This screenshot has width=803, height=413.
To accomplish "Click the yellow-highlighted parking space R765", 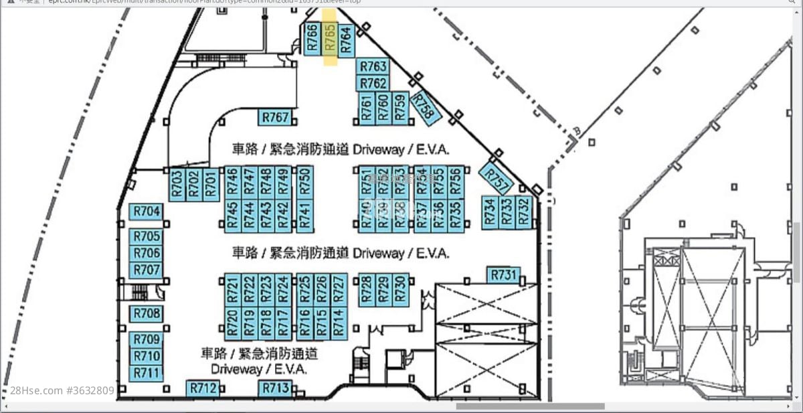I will (x=330, y=39).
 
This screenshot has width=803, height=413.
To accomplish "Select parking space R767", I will (x=275, y=118).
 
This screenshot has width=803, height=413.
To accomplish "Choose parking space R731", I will (x=504, y=274).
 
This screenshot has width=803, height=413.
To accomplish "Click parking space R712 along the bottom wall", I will (x=203, y=388).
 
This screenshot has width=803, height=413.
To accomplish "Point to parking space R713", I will (x=276, y=388).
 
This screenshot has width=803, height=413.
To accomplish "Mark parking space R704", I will (x=147, y=212).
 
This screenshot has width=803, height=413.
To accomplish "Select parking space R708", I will (x=147, y=313).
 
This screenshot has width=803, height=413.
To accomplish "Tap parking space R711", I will (x=147, y=372).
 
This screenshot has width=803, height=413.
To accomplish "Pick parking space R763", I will (x=373, y=66).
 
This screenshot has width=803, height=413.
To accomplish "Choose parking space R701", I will (x=211, y=183).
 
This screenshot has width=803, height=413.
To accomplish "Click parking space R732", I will (x=523, y=212).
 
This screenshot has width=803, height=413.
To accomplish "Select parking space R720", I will (x=232, y=322).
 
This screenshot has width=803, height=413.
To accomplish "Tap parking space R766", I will (x=312, y=39).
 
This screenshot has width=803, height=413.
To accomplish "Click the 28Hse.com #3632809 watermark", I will (x=62, y=390).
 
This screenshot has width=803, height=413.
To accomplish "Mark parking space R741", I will (x=304, y=216).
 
